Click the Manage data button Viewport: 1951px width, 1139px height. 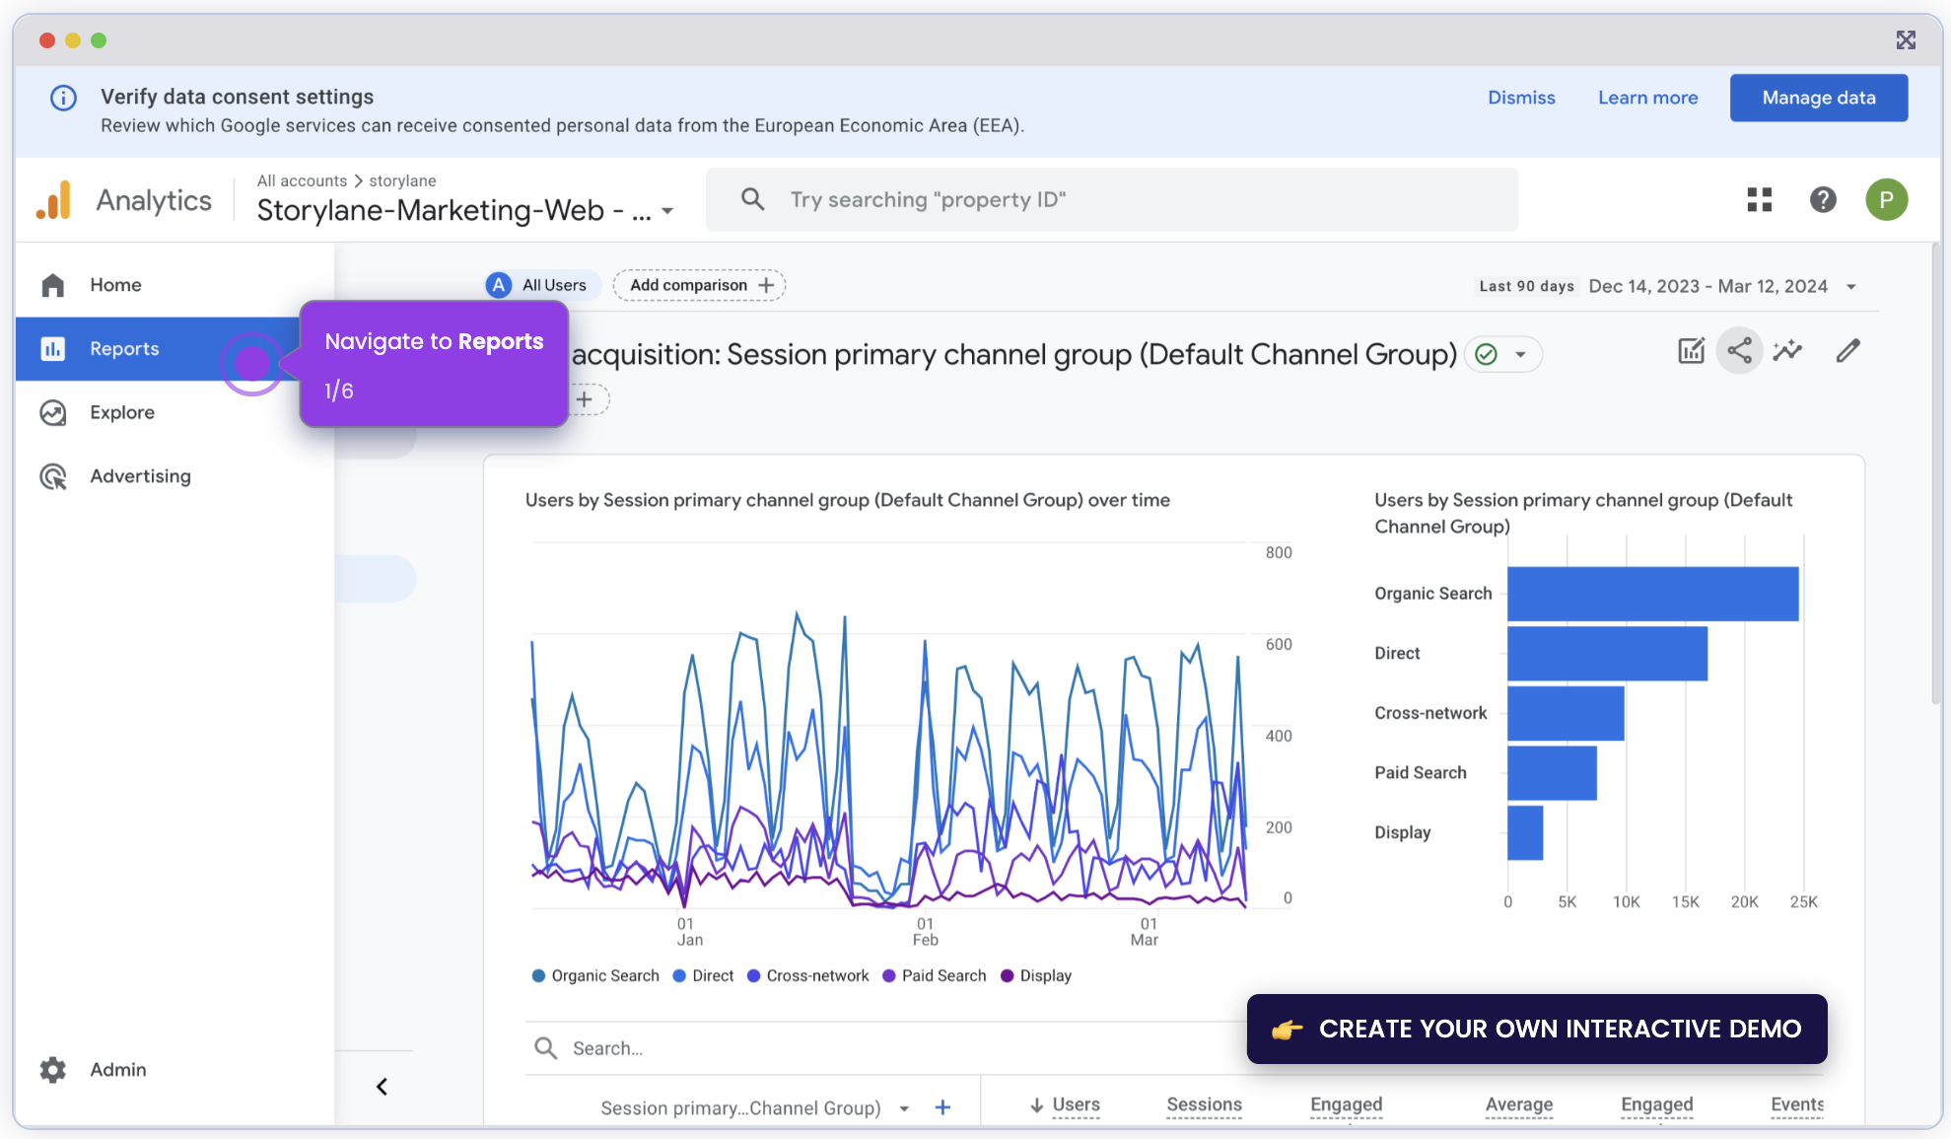pos(1818,98)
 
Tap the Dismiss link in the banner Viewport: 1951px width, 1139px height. pos(1521,98)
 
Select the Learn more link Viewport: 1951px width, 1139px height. pos(1647,98)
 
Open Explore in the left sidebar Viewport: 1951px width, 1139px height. pos(121,412)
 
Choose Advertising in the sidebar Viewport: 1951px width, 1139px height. pos(140,476)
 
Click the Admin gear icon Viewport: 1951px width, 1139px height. pos(53,1069)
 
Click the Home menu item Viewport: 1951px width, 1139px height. pos(115,285)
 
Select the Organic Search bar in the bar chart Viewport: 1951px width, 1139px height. pos(1652,594)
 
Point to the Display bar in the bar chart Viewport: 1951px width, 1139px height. pos(1525,832)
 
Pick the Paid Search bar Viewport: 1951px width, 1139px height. pos(1552,773)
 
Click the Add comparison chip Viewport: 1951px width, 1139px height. pos(699,285)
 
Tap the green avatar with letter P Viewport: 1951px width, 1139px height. pos(1886,200)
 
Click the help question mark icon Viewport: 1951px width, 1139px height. pos(1823,200)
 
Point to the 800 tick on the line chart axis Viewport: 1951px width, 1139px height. pos(1279,552)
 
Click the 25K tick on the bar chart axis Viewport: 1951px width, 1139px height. pos(1803,901)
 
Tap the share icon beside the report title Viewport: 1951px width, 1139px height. pos(1740,350)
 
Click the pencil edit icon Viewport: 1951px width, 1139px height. pos(1848,350)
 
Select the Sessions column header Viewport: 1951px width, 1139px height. pos(1204,1104)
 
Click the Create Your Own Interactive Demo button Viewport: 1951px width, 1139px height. pos(1536,1029)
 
